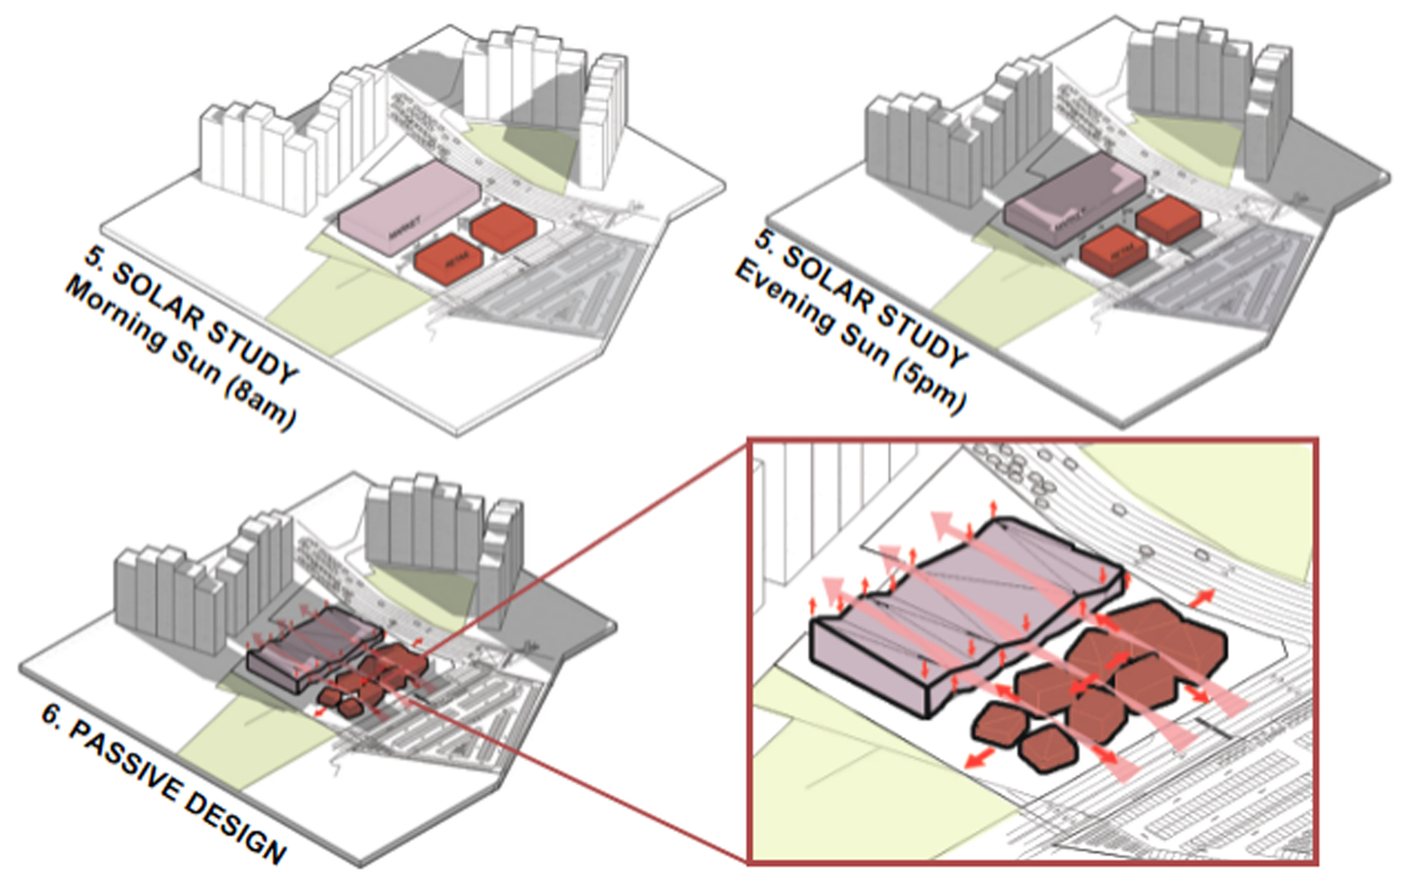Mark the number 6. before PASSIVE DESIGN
[x=52, y=716]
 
